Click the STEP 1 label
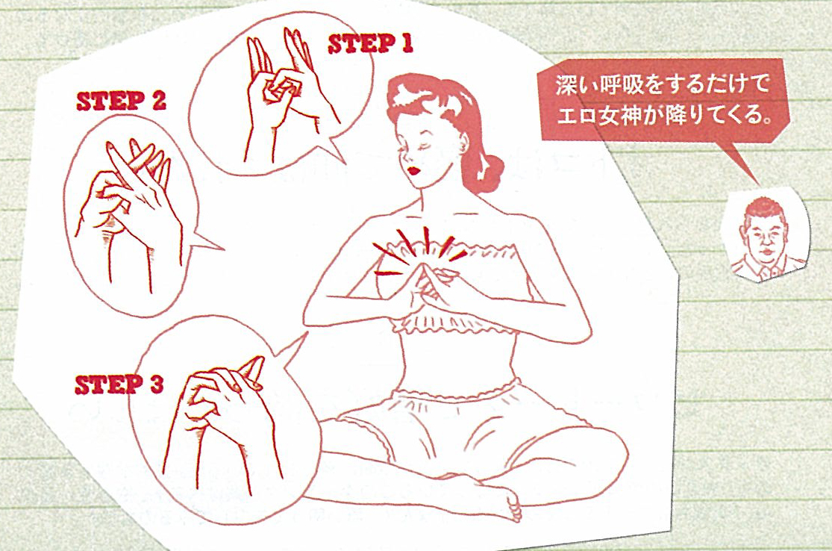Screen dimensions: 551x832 coord(371,44)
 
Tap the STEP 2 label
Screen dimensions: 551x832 coord(120,102)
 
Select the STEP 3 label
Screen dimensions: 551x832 coord(119,385)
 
